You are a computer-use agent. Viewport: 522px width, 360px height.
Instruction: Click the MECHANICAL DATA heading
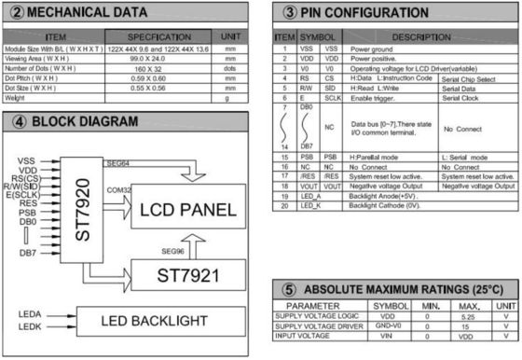[89, 12]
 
